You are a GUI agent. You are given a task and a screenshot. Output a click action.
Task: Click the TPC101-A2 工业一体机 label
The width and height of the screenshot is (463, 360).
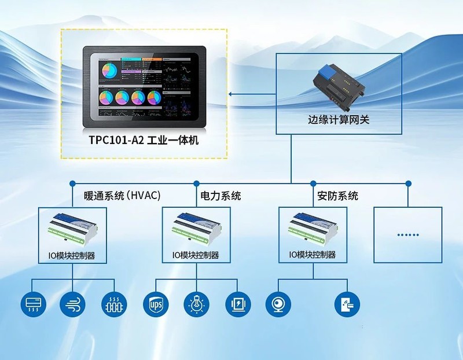pyautogui.click(x=143, y=140)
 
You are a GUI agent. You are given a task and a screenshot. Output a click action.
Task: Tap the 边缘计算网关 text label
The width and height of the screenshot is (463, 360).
pyautogui.click(x=339, y=120)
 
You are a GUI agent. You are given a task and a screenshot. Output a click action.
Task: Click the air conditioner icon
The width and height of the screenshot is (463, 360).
pyautogui.click(x=32, y=303)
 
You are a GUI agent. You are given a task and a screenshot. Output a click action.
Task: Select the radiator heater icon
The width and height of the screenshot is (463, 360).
pyautogui.click(x=114, y=303)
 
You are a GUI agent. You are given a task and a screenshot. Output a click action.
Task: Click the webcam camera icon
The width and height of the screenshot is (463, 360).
pyautogui.click(x=278, y=303)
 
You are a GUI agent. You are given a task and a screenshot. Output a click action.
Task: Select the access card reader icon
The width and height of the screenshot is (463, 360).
pyautogui.click(x=347, y=303)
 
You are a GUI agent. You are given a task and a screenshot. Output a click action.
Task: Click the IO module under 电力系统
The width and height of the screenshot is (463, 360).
pyautogui.click(x=196, y=229)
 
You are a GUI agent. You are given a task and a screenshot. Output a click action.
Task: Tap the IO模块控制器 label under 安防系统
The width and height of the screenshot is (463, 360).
pyautogui.click(x=313, y=255)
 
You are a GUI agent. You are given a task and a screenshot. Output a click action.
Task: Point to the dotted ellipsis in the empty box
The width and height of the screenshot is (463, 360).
pyautogui.click(x=408, y=234)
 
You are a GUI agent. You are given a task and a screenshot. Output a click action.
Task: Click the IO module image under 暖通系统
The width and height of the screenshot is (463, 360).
pyautogui.click(x=72, y=229)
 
